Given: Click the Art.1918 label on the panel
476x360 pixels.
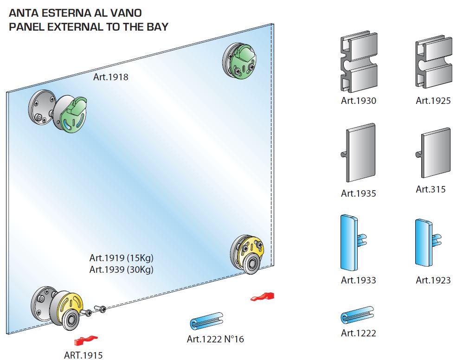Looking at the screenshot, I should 110,77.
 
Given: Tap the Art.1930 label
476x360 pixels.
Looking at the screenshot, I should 358,101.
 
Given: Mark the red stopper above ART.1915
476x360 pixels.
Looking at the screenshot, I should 86,341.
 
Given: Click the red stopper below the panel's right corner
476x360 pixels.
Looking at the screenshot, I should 263,296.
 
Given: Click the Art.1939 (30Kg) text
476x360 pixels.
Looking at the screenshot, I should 121,269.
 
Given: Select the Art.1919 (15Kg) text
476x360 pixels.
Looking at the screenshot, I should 121,258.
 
